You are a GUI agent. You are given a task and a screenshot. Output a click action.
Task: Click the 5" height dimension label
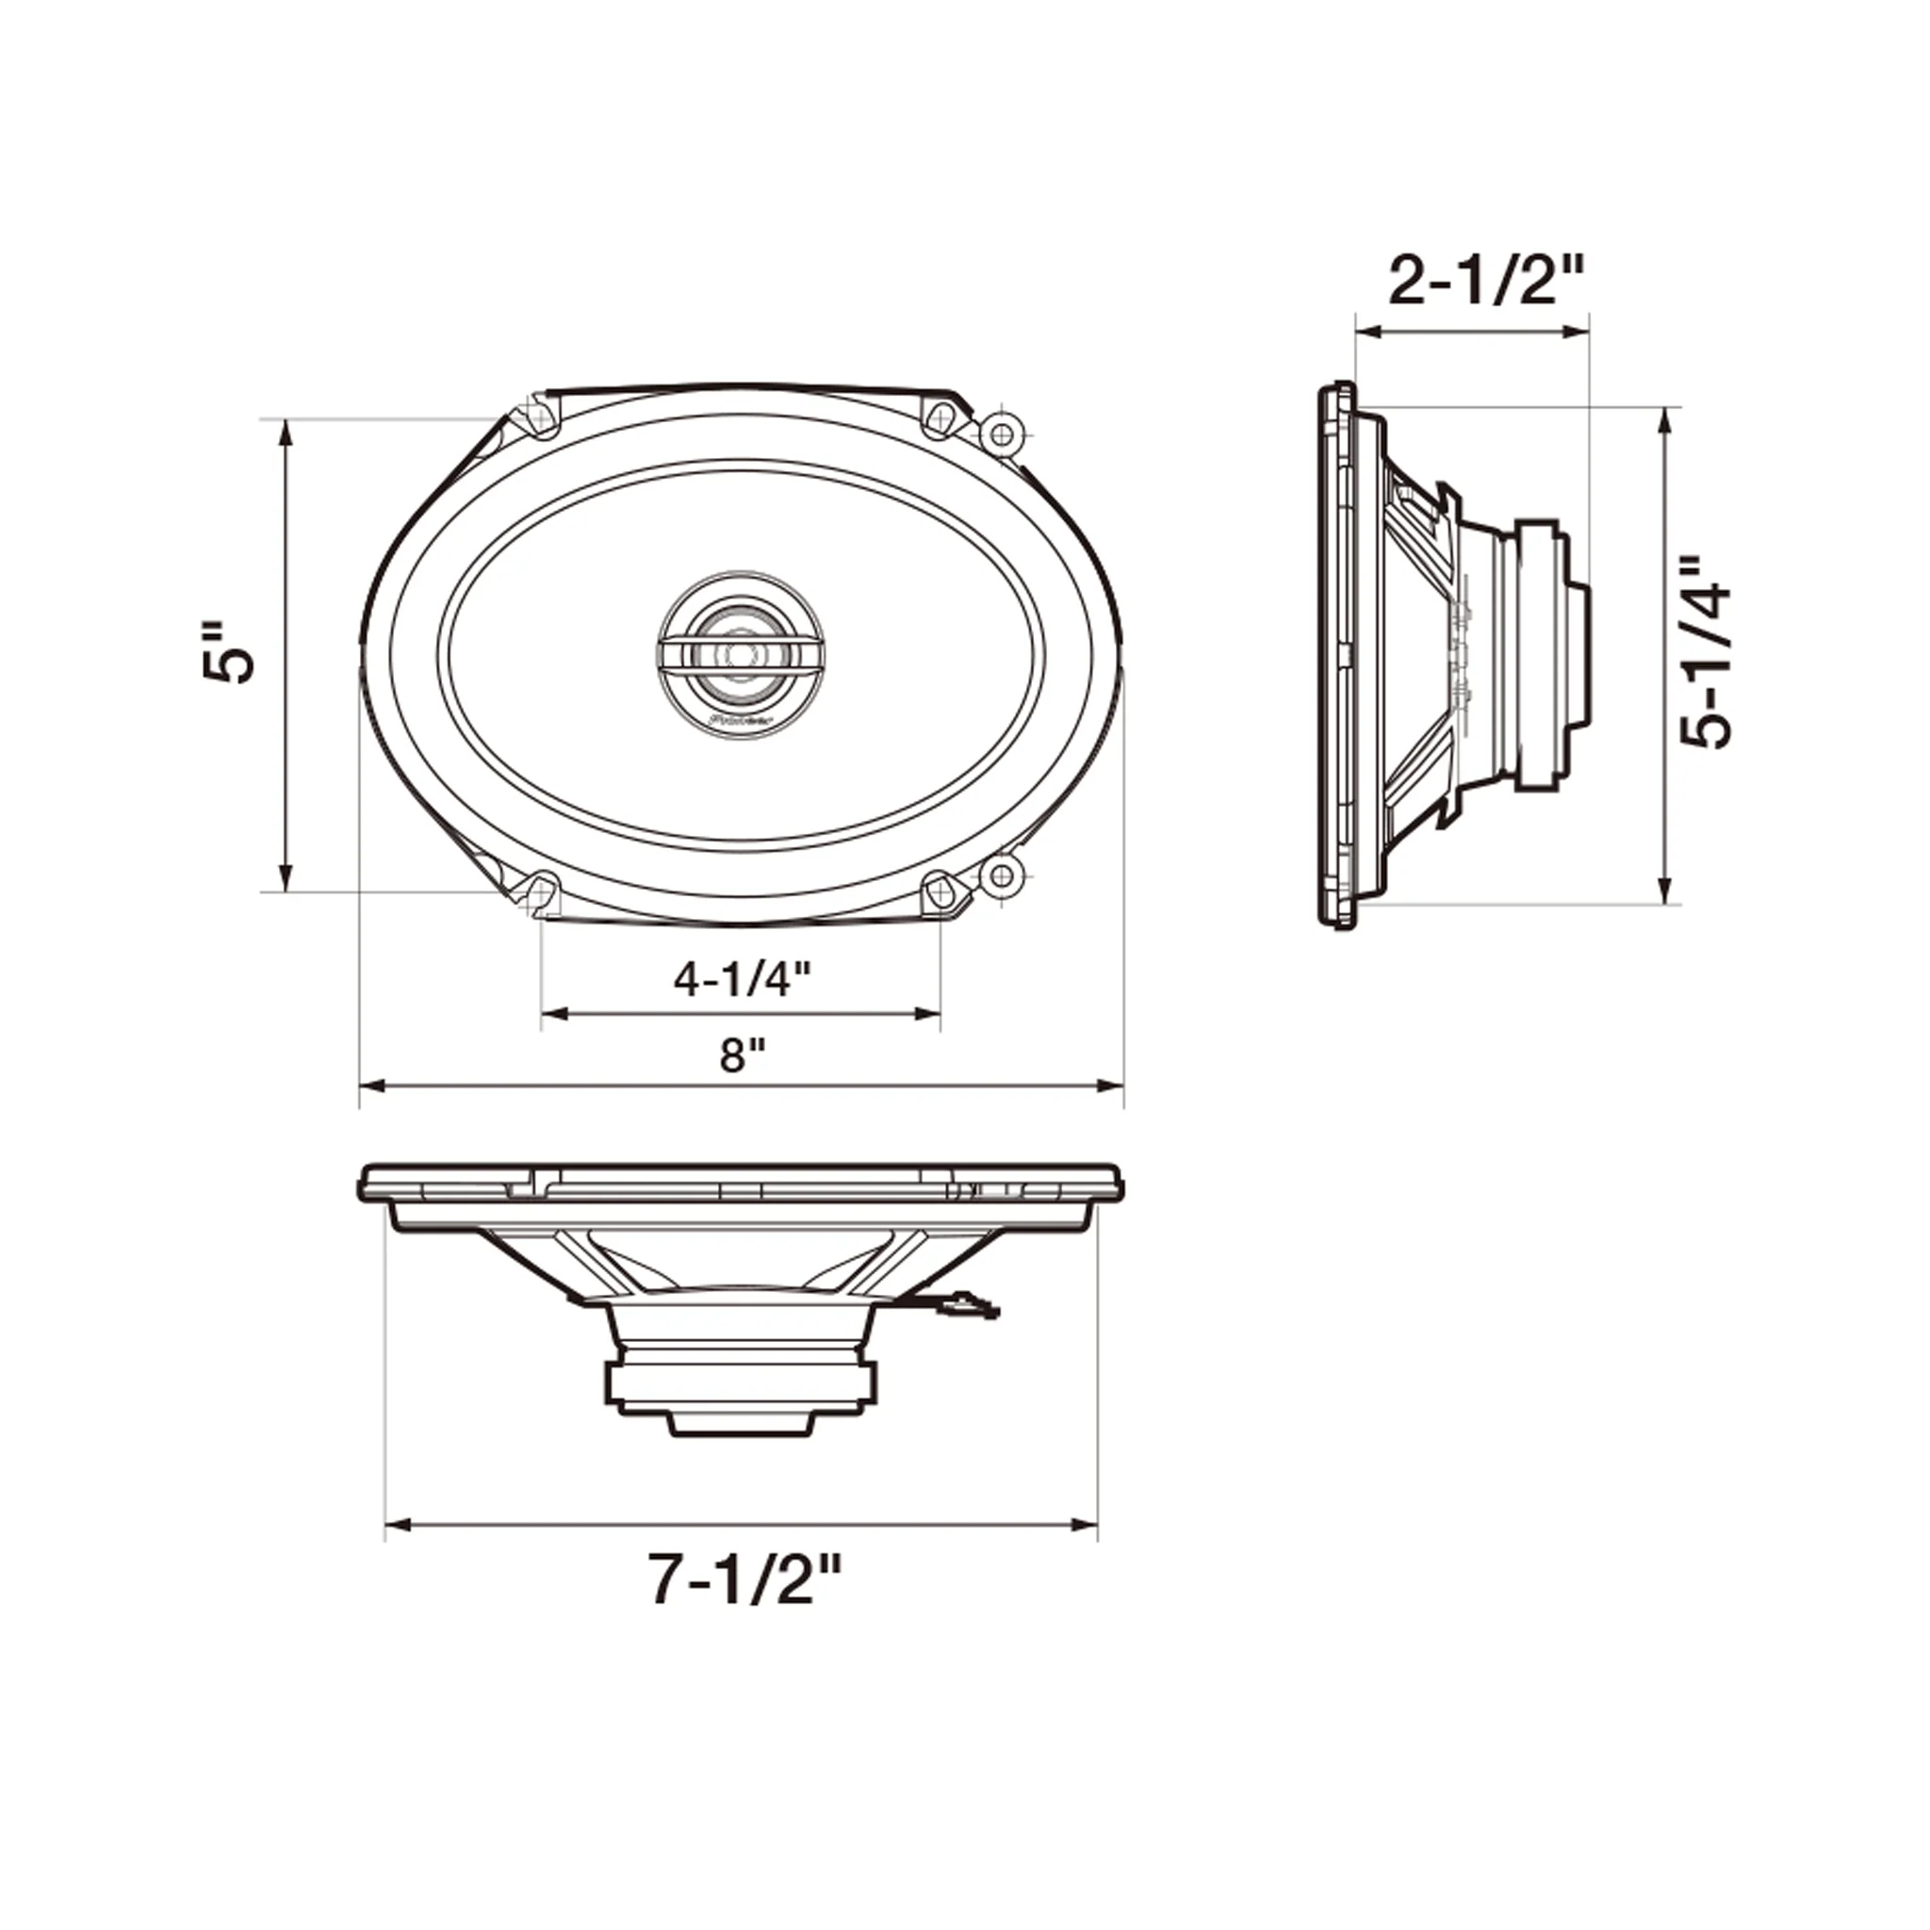pos(229,655)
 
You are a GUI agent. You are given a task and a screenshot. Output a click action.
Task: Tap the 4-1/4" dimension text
pos(740,979)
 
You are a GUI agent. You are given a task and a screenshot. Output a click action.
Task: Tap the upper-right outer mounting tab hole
pos(1000,433)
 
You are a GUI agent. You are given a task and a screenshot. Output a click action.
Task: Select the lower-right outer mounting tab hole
pos(1000,876)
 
